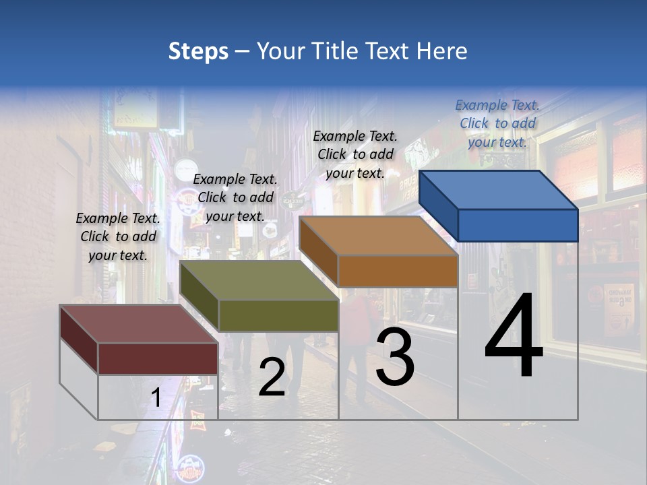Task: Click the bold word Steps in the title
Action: (x=198, y=51)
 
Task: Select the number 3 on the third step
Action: (x=395, y=357)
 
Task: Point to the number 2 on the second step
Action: (x=272, y=377)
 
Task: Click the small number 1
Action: (x=156, y=398)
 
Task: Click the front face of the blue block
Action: (x=518, y=225)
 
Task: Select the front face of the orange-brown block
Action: (x=398, y=271)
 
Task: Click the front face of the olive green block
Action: (x=278, y=315)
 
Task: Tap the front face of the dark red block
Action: (x=158, y=358)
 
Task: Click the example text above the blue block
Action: (x=497, y=123)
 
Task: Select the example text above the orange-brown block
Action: (x=355, y=154)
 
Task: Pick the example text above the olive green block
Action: (x=235, y=197)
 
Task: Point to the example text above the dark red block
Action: (x=118, y=236)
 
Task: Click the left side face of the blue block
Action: (x=439, y=205)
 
